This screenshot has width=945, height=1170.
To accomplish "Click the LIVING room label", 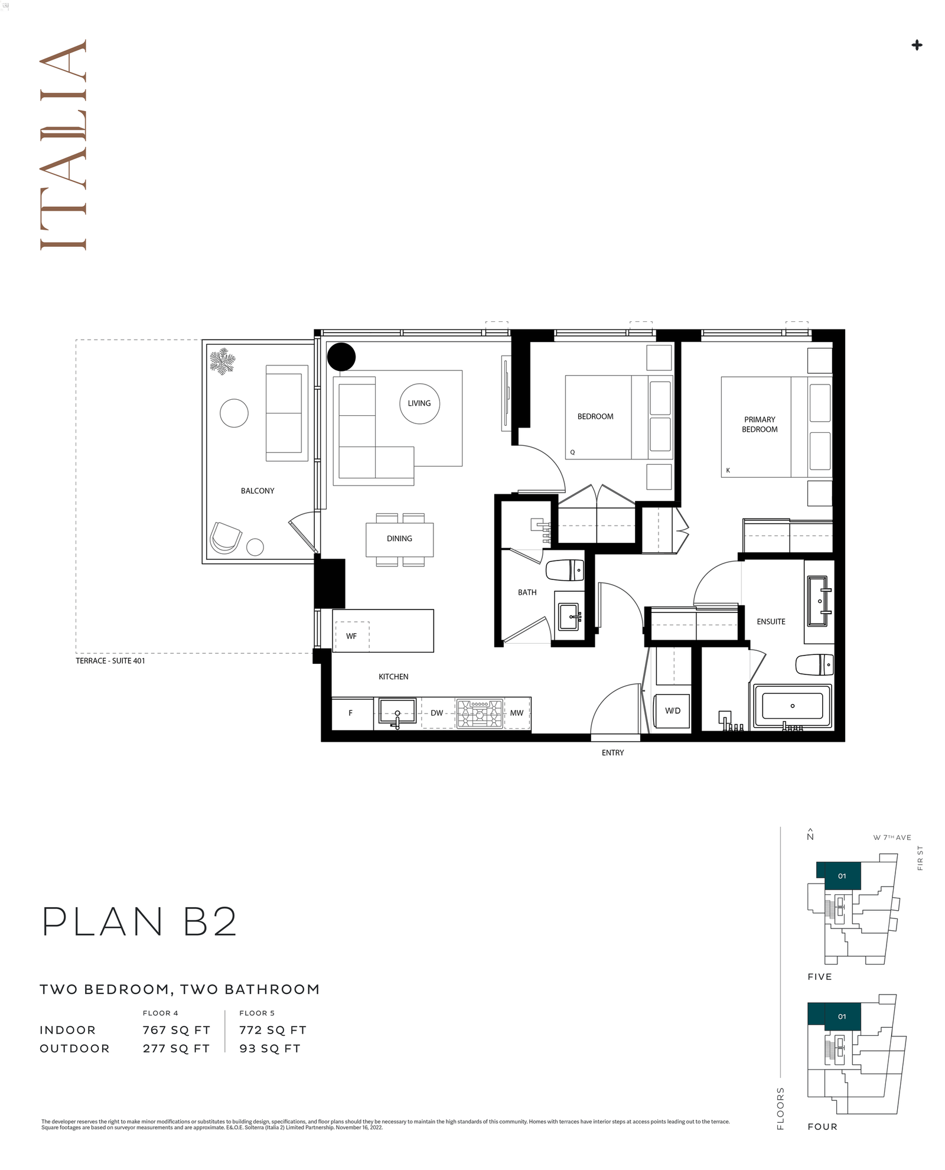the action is tap(419, 403).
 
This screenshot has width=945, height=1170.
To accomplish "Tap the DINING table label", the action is tap(399, 539).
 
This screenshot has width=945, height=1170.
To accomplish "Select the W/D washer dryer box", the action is tap(673, 711).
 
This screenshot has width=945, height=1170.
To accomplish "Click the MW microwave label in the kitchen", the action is tap(517, 713).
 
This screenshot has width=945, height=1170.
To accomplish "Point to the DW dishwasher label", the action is tap(436, 713).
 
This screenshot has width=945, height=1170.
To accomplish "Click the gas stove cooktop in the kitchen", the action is tap(480, 713).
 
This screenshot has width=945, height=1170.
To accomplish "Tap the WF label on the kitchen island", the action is tap(351, 636).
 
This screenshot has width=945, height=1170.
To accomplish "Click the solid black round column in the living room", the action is tap(341, 357).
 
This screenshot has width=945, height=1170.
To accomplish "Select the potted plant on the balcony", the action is tap(223, 361).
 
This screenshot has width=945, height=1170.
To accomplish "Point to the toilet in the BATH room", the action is tap(565, 571).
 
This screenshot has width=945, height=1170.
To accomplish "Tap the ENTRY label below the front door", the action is tap(612, 752).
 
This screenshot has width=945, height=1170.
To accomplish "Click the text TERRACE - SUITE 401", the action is tap(110, 661).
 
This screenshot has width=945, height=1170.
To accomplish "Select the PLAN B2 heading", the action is tap(140, 922).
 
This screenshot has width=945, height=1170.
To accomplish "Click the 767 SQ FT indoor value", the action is tap(177, 1030).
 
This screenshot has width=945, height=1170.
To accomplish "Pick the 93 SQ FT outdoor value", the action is tap(270, 1048).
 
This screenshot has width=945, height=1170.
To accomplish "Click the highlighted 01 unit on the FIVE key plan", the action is tap(842, 876).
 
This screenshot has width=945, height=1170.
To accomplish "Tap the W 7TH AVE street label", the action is tap(892, 837).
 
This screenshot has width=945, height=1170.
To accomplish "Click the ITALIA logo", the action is tap(63, 145).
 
